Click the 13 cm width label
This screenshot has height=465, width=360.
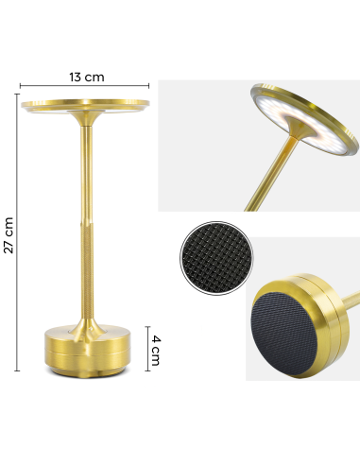pos(87,76)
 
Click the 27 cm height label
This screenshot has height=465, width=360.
pos(9,233)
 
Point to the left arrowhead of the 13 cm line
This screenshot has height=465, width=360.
pos(23,86)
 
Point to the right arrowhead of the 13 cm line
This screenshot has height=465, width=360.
pos(151,86)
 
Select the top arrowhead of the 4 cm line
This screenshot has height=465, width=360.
pos(146,326)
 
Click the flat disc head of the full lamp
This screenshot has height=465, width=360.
pos(87,103)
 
